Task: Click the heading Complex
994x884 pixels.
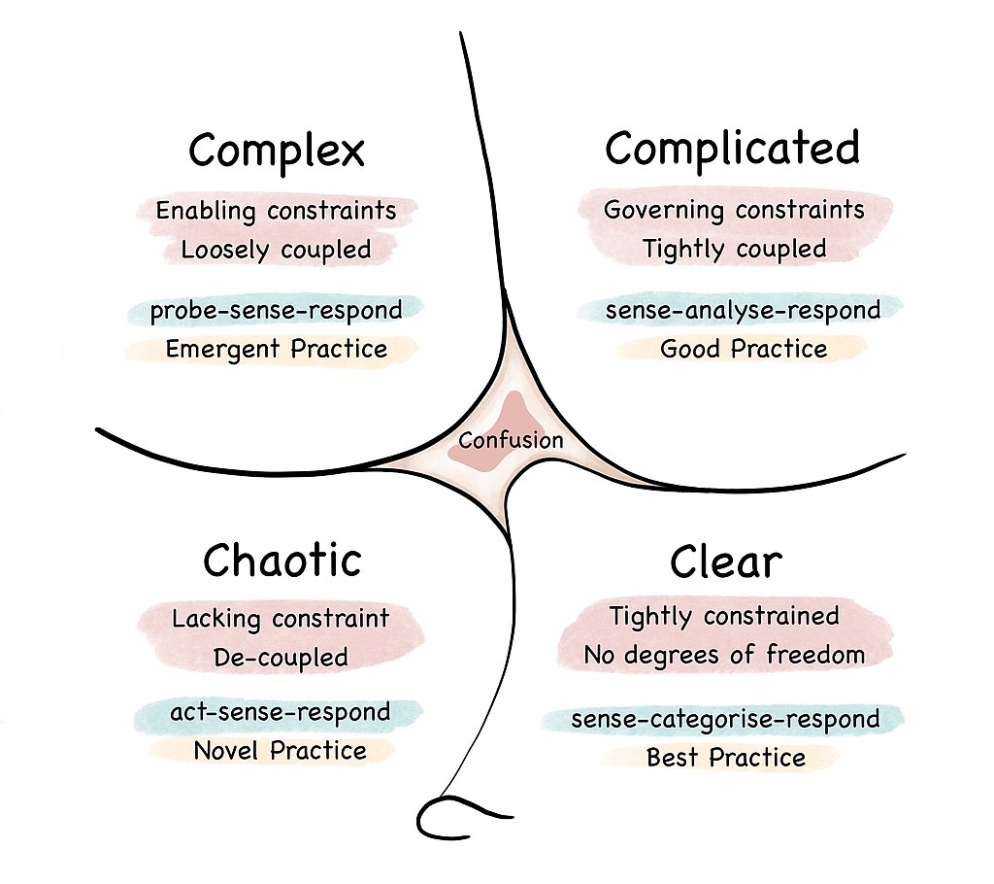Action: tap(277, 152)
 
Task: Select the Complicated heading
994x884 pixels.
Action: tap(733, 150)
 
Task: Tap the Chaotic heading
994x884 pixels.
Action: tap(282, 561)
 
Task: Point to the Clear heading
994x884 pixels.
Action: tap(725, 562)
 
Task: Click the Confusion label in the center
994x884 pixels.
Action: tap(511, 440)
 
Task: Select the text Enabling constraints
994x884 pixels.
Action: tap(276, 211)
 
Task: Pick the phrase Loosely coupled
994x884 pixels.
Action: tap(276, 250)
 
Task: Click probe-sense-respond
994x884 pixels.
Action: tap(276, 311)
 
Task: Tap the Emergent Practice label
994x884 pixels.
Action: tap(276, 349)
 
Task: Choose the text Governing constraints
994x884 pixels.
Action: tap(734, 210)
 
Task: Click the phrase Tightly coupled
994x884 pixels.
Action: tap(734, 249)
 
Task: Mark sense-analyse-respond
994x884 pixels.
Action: tap(743, 311)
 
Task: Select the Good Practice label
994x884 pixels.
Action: tap(744, 349)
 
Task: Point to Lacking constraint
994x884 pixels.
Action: tap(281, 619)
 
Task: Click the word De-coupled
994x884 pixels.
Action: tap(281, 658)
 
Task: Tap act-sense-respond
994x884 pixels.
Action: tap(281, 712)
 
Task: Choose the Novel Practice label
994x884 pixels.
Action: tap(281, 751)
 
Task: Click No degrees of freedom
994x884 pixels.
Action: tap(724, 656)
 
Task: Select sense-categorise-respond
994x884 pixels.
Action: tap(725, 720)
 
